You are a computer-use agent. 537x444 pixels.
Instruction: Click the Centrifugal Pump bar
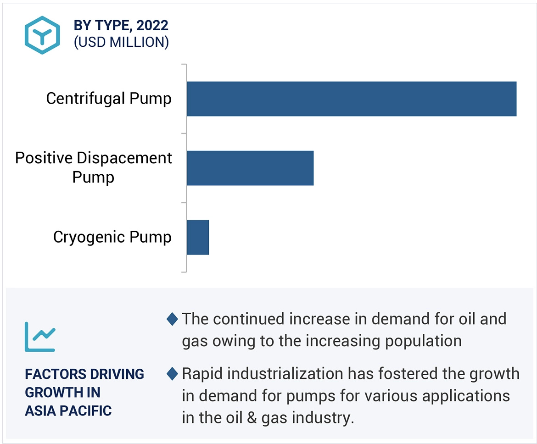click(351, 99)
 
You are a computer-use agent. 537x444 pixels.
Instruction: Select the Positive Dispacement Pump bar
click(250, 168)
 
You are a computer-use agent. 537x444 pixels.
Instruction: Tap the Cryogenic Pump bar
click(198, 237)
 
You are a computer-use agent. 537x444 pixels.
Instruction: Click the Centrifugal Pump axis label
click(109, 98)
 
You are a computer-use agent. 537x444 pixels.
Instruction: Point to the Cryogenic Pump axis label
click(112, 237)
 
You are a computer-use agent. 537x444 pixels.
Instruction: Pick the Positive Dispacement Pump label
click(94, 167)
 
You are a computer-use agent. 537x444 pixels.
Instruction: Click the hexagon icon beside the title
click(42, 35)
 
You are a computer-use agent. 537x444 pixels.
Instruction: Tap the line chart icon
click(40, 337)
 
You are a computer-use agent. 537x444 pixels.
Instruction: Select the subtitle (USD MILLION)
click(121, 42)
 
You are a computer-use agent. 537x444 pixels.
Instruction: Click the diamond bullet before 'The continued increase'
click(173, 319)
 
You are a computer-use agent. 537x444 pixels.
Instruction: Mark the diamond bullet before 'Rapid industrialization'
click(173, 374)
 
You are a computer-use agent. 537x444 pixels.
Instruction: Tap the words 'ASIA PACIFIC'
click(68, 411)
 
